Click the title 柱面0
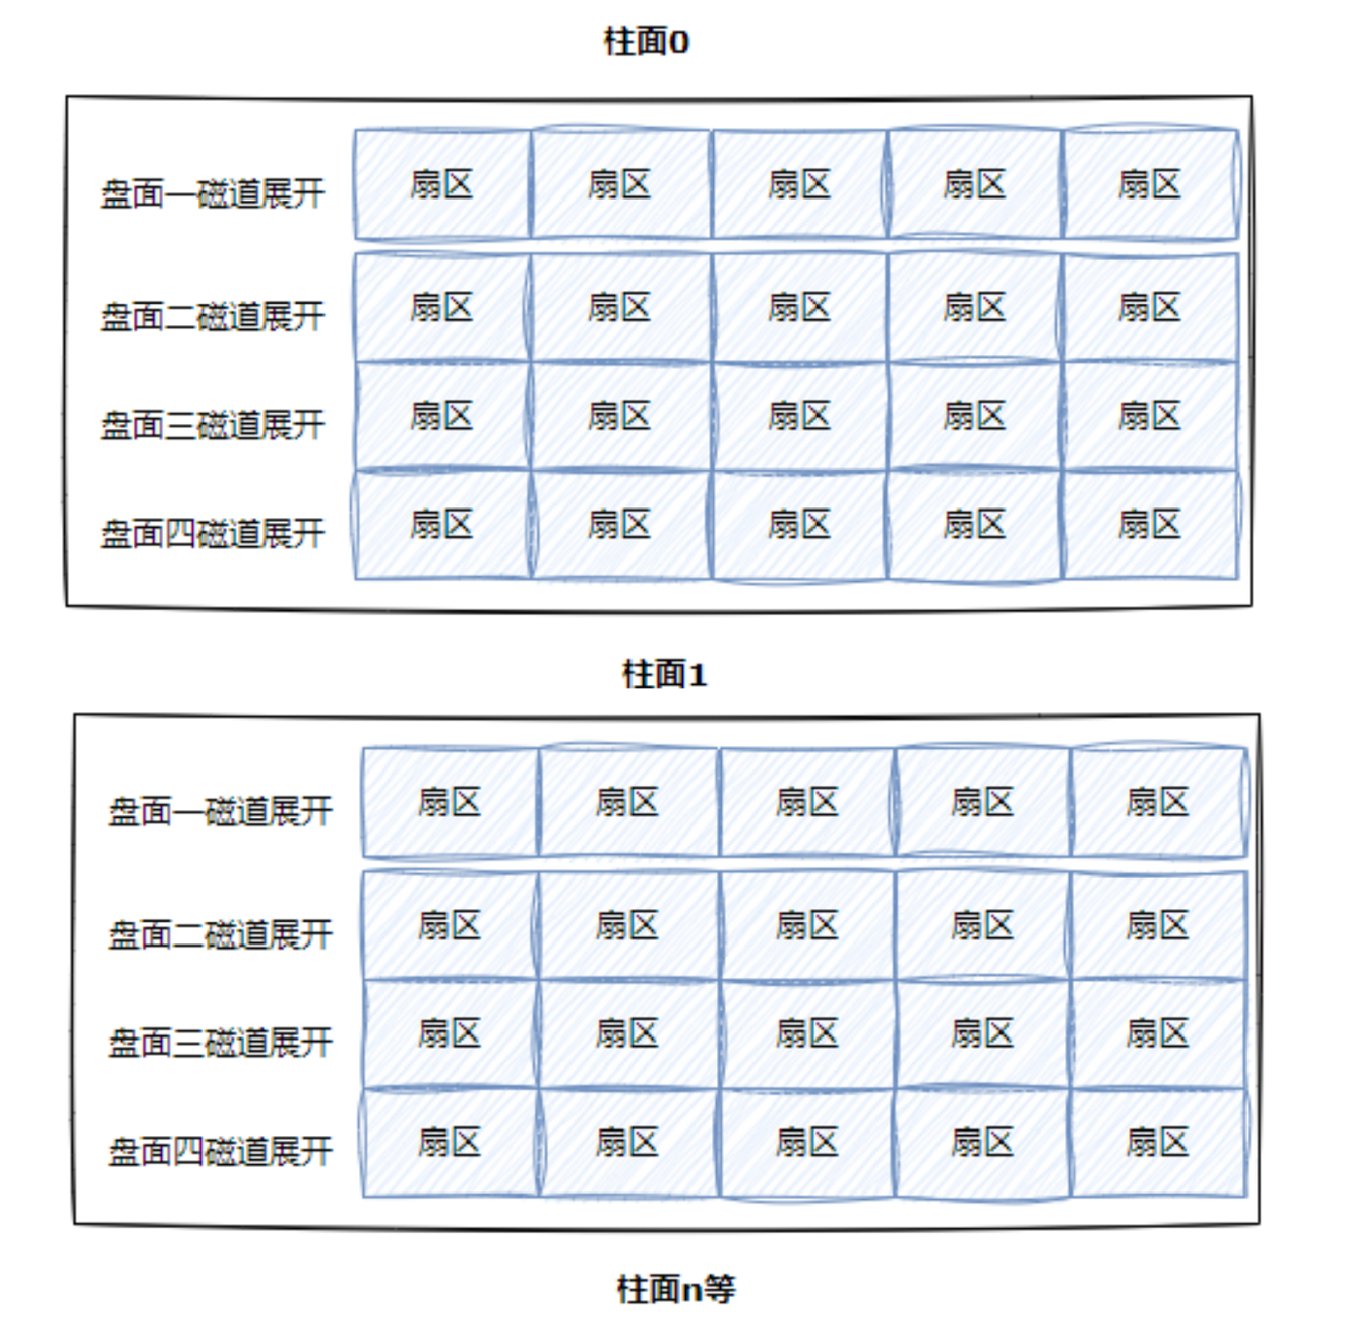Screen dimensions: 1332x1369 645,42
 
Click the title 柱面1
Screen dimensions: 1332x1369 665,674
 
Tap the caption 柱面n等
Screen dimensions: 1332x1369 676,1289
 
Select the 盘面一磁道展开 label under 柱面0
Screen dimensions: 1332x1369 212,194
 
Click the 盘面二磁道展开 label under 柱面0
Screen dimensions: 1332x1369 212,316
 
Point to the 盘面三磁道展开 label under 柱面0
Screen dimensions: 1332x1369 212,425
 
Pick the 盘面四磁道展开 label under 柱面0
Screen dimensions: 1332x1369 212,534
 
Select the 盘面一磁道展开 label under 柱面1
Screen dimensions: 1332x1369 220,811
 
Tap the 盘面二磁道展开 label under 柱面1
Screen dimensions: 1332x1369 220,934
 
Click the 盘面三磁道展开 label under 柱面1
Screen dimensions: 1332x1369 220,1043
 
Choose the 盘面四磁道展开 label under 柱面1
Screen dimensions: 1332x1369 220,1152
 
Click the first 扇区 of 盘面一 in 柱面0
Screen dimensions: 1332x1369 442,184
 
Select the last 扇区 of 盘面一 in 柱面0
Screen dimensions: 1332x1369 1150,184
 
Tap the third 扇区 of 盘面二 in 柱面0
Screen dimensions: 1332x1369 799,308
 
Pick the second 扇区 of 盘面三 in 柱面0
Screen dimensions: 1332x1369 620,416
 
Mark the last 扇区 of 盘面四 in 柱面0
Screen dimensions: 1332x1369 1150,525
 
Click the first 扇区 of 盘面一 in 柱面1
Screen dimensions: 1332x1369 450,802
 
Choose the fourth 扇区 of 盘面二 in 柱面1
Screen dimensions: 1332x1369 983,926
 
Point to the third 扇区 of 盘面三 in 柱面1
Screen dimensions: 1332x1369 807,1034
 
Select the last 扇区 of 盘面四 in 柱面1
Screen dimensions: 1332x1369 1157,1143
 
